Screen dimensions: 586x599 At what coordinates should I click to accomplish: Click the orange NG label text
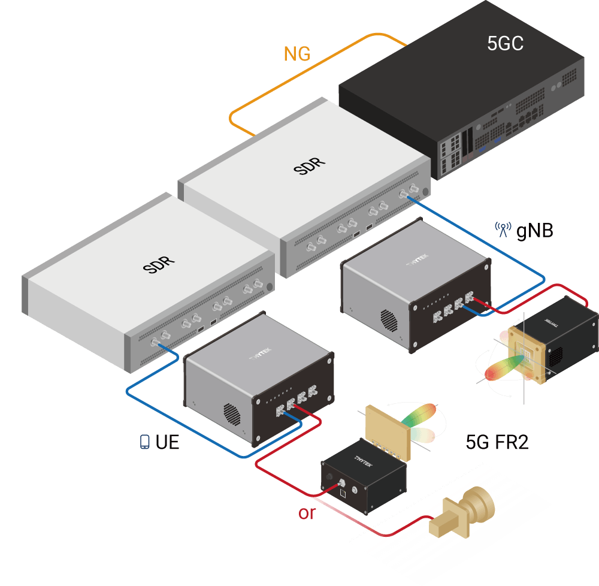pyautogui.click(x=297, y=54)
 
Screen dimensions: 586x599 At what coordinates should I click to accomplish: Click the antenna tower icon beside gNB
pyautogui.click(x=502, y=230)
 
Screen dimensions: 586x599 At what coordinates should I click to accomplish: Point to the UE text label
pyautogui.click(x=167, y=443)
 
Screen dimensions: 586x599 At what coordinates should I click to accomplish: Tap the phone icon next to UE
pyautogui.click(x=144, y=443)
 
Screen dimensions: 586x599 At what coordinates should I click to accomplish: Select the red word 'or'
pyautogui.click(x=306, y=513)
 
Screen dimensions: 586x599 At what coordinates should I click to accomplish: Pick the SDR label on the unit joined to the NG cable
pyautogui.click(x=310, y=165)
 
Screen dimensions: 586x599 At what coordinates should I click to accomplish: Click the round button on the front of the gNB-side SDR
pyautogui.click(x=425, y=192)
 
